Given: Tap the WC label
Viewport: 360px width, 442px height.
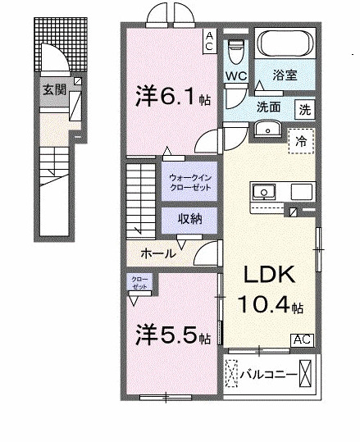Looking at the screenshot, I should click(x=236, y=76).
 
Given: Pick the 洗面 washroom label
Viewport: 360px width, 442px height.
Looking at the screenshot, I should click(x=270, y=107).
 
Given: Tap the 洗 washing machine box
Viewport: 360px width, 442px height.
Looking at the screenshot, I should click(x=304, y=108).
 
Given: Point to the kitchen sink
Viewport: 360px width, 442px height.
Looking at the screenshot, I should click(x=265, y=192).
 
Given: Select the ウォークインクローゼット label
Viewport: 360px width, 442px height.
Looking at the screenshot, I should click(x=189, y=182).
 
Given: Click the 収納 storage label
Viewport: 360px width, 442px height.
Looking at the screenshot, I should click(x=189, y=218).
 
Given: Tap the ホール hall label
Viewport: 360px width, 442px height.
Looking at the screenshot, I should click(x=158, y=253).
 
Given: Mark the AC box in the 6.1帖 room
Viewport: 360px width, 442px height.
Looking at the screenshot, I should click(x=209, y=41).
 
